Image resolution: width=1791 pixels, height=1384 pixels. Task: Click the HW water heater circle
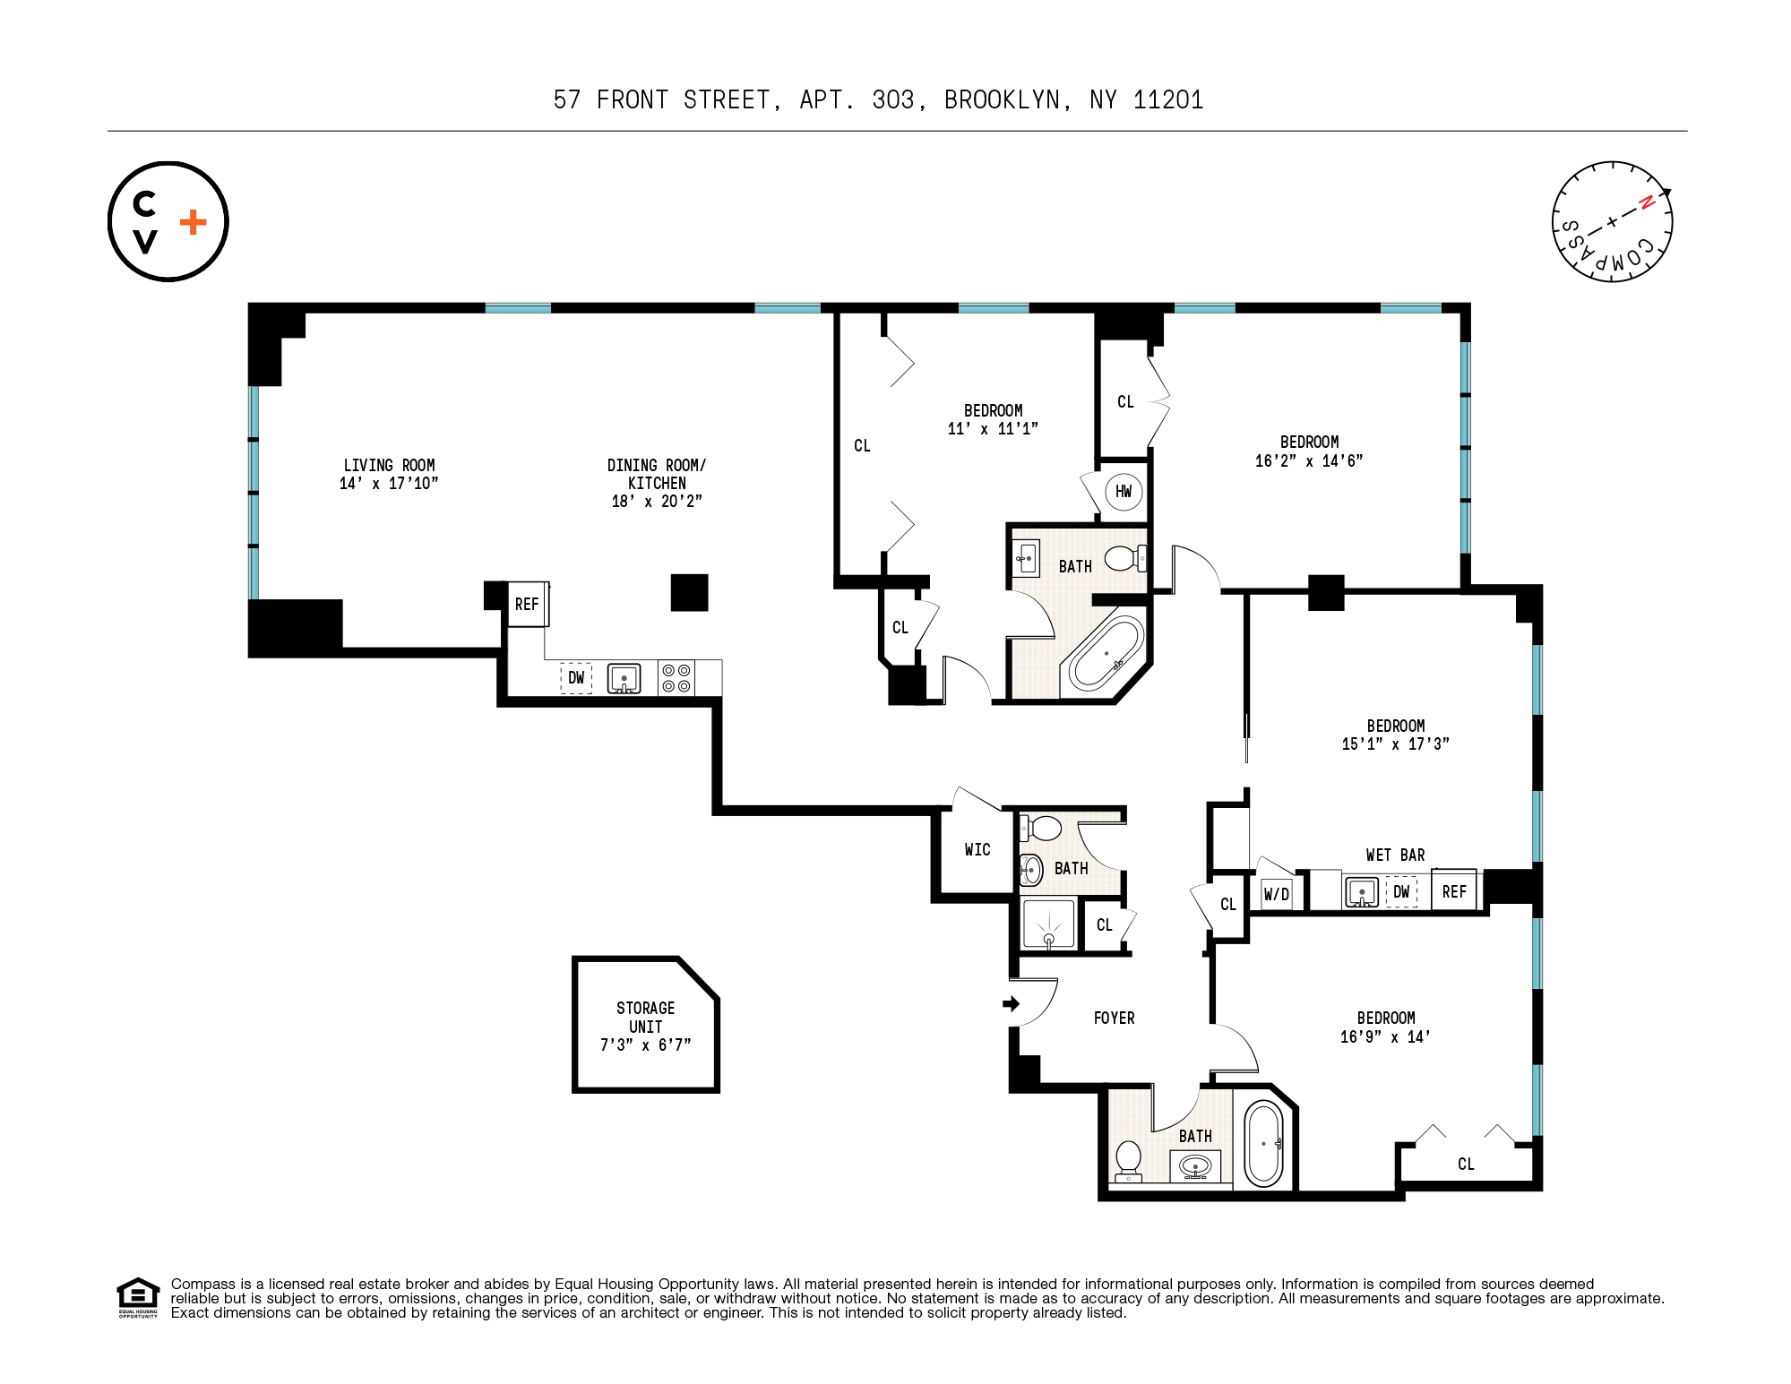[x=1124, y=491]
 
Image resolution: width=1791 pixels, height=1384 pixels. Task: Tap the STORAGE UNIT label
[x=646, y=1018]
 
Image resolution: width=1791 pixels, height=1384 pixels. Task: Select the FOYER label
[x=1114, y=1019]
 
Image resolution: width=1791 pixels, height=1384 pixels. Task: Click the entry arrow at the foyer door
[x=1012, y=1004]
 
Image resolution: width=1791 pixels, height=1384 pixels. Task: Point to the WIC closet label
[x=977, y=850]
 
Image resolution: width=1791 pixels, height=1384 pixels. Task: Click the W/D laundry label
[x=1277, y=894]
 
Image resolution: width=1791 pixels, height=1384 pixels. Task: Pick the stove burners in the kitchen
[x=676, y=678]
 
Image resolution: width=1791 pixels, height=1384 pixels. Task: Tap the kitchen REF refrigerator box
[x=527, y=605]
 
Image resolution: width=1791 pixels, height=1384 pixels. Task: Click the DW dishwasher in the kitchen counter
[x=576, y=678]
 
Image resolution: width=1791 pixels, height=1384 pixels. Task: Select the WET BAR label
[x=1395, y=855]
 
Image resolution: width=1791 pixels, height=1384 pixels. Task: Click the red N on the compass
[x=1646, y=202]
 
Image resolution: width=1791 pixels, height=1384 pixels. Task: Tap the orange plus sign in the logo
[x=193, y=222]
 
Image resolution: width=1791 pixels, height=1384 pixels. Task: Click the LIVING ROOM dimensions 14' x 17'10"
[x=389, y=484]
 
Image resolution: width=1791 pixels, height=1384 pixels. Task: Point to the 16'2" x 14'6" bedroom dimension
[x=1309, y=461]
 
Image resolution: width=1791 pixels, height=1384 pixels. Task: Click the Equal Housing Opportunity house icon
[x=138, y=1294]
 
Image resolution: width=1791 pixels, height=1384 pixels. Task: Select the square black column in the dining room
[x=690, y=592]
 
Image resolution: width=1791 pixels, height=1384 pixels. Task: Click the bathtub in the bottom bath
[x=1263, y=1144]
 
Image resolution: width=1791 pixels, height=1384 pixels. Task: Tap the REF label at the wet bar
[x=1454, y=892]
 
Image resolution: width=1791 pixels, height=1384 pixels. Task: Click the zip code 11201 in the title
[x=1168, y=99]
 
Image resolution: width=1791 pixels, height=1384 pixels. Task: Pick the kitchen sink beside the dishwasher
[x=624, y=678]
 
